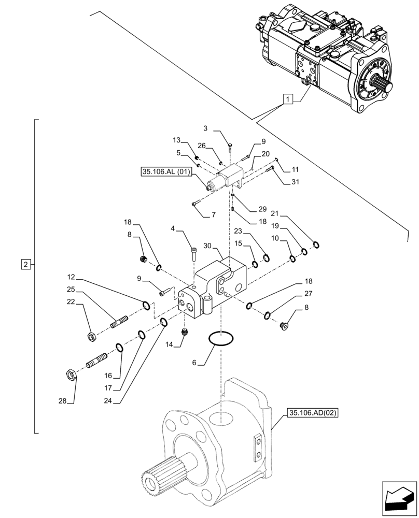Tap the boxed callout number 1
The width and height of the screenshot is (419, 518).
pos(288,98)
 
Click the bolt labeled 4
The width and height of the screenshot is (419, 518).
pos(193,253)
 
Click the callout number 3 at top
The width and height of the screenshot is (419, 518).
pos(205,128)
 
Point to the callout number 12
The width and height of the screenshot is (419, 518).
pos(71,277)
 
